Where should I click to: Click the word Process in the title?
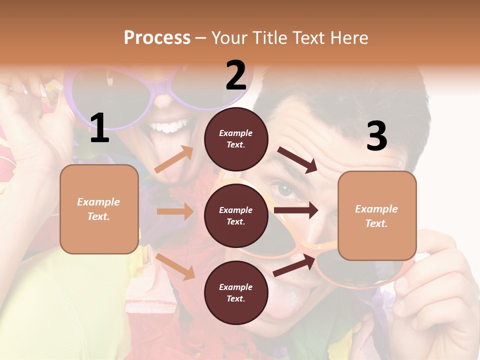tap(157, 37)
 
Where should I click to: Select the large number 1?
tap(99, 128)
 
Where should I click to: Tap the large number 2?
tap(236, 75)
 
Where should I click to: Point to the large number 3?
tap(376, 135)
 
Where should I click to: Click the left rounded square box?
tap(99, 209)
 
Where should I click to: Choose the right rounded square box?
tap(377, 215)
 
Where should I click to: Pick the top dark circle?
tap(236, 138)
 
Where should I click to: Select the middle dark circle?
tap(236, 215)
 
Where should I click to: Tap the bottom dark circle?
tap(236, 292)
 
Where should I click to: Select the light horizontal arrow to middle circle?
tap(175, 211)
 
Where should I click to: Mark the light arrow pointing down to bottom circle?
tap(175, 266)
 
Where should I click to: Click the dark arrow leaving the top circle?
tap(297, 160)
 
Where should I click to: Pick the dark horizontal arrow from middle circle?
tap(296, 210)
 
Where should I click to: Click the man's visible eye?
tap(285, 190)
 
